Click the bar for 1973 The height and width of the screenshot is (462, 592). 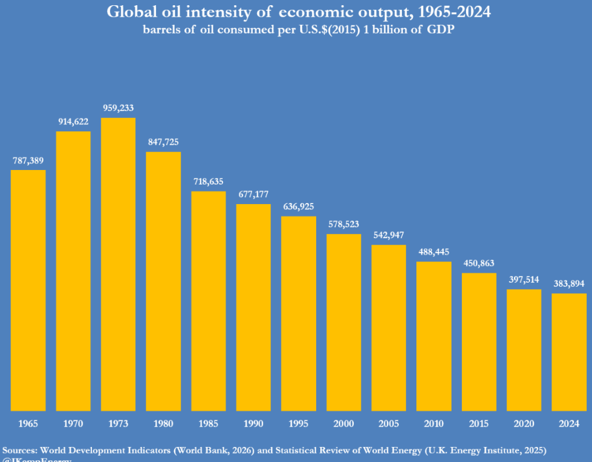pos(118,264)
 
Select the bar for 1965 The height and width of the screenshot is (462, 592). pos(28,290)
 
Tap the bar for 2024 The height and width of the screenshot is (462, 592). pos(569,352)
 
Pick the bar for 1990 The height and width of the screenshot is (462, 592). pos(253,307)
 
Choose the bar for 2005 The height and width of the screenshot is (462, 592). pos(388,328)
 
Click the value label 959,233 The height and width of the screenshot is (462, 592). pos(118,108)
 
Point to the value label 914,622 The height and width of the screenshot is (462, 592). pos(73,121)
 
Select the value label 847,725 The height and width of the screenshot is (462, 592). pos(163,142)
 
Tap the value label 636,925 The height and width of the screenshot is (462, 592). pos(298,206)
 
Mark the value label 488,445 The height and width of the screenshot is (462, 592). pos(434,252)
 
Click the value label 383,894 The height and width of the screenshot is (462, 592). pos(569,283)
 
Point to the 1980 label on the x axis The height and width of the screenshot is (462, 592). pos(163,424)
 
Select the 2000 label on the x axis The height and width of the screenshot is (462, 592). pos(343,424)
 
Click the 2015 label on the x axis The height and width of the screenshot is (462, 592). pos(479,424)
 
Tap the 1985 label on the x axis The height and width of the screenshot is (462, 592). pos(208,424)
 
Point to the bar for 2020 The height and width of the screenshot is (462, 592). pos(524,350)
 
